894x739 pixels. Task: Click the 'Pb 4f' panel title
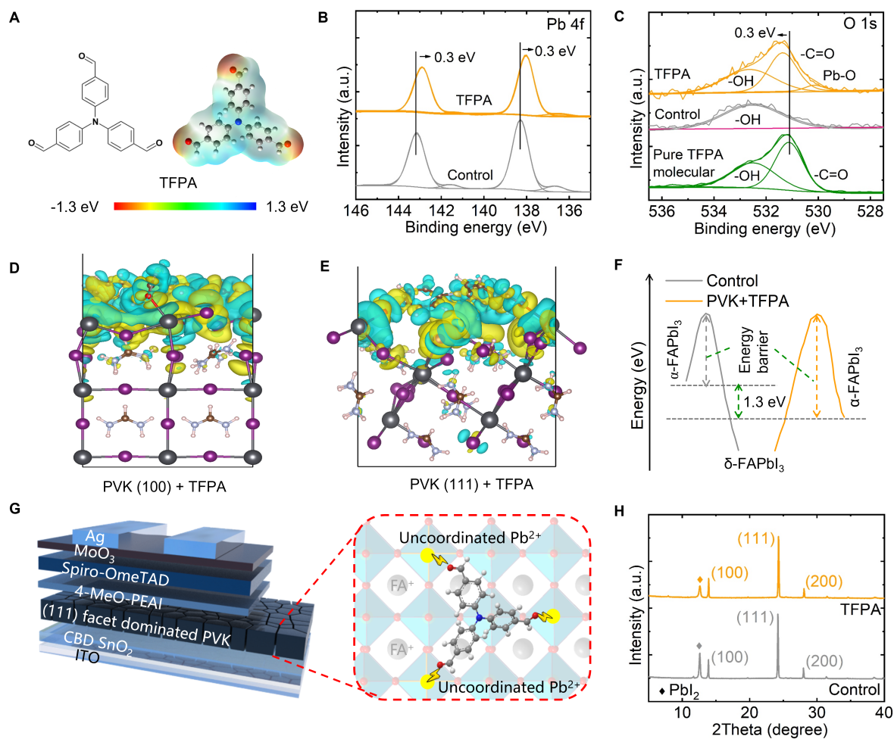click(567, 23)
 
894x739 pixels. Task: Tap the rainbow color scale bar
click(185, 205)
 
